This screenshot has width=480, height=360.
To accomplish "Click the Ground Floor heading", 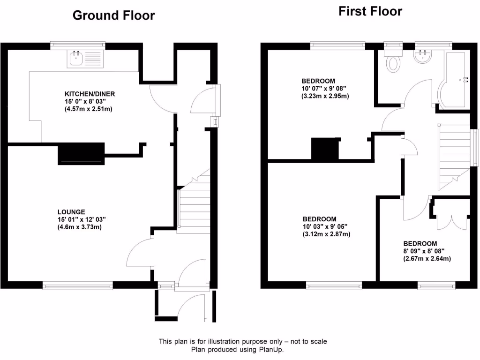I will click(113, 15).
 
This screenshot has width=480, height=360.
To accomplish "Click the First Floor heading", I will click(370, 11).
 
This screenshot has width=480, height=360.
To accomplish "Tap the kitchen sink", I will click(75, 59).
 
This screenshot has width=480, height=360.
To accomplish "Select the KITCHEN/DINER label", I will click(90, 94).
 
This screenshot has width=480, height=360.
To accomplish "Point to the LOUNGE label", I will click(71, 212).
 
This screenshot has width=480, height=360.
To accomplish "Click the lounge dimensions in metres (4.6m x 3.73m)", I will click(80, 227).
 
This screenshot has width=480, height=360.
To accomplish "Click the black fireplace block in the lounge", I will click(80, 155).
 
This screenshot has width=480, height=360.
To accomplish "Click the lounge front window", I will click(78, 285).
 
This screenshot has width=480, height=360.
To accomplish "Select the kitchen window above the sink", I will click(78, 45).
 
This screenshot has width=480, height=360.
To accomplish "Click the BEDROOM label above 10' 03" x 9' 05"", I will click(319, 219).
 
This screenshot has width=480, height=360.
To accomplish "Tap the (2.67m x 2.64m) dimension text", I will click(427, 259).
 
